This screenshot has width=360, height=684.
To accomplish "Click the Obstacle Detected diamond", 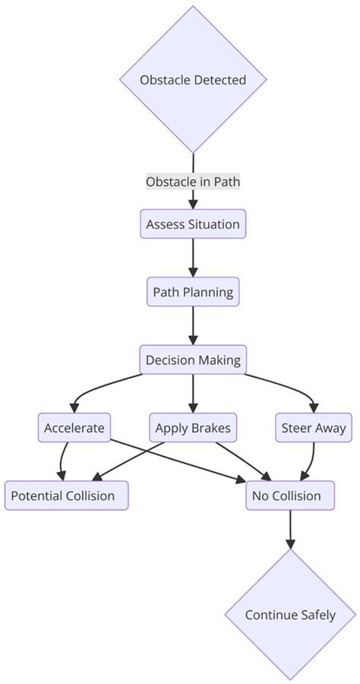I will (193, 80).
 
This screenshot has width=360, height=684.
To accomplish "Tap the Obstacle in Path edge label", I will (193, 182).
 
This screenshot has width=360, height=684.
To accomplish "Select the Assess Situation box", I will (193, 224).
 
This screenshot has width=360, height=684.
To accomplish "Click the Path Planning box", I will (193, 292).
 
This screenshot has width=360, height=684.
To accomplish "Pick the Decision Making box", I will (193, 359).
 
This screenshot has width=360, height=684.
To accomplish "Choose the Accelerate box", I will (74, 428).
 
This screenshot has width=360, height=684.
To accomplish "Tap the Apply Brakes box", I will (193, 428).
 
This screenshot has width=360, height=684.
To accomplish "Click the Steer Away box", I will (313, 428).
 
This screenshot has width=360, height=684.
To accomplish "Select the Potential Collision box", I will (66, 496).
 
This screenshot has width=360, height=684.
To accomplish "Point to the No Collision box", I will (290, 496).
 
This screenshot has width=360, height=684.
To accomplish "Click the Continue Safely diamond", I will (290, 615).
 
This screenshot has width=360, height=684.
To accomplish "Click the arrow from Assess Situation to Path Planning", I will (193, 258).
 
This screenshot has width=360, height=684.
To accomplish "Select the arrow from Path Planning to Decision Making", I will (193, 326).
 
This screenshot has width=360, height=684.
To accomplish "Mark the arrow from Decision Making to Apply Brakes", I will (193, 394).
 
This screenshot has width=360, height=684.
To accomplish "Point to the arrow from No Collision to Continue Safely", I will (290, 529).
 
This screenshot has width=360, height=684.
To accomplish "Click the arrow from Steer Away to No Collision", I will (310, 461).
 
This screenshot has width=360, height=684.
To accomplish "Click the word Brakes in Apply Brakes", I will (210, 428).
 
